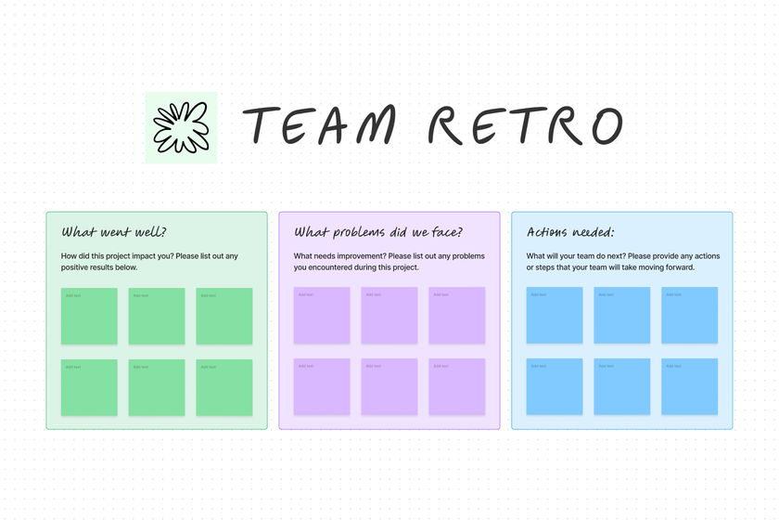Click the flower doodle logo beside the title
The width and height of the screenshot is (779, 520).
point(181,127)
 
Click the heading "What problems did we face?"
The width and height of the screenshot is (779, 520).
point(378,232)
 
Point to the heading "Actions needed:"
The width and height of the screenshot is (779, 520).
point(570,232)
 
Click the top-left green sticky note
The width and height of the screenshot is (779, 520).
point(89,316)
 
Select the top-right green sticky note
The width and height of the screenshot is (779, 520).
point(224,316)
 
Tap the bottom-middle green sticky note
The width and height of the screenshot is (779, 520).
point(157,387)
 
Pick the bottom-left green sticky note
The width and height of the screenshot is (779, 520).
point(89,387)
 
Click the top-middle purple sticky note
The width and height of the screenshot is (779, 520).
point(389,316)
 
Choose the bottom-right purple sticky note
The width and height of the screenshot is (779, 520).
point(457,387)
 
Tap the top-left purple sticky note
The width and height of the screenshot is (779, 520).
point(322,316)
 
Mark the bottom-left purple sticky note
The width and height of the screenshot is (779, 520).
point(322,387)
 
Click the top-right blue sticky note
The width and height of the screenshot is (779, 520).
point(690,316)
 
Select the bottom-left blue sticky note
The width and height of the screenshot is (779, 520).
point(555,387)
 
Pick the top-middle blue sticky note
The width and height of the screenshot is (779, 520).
point(622,316)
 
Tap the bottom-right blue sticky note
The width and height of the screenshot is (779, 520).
point(690,387)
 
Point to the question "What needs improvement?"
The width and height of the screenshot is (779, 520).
point(339,256)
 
